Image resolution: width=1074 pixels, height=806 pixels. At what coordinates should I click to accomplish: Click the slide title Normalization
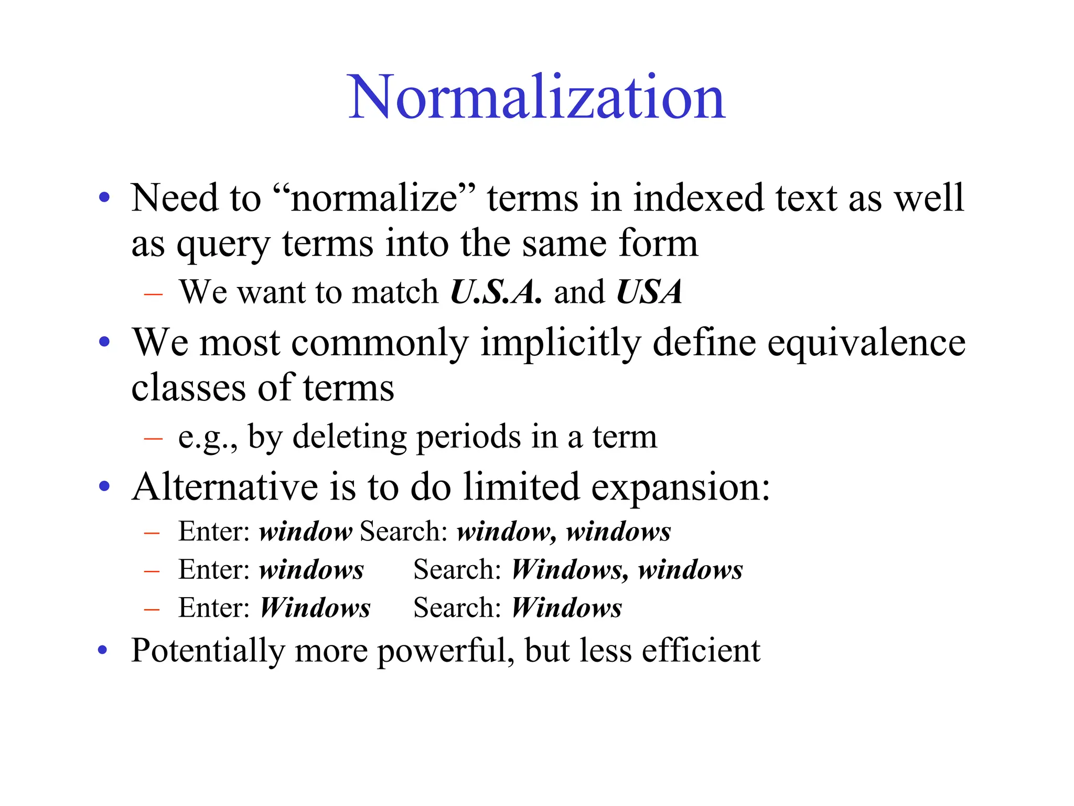(536, 98)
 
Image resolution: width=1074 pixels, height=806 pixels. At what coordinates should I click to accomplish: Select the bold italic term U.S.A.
(496, 292)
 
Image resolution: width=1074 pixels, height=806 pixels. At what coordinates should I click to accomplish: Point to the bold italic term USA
(649, 292)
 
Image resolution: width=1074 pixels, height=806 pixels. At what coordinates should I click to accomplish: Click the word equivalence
(866, 343)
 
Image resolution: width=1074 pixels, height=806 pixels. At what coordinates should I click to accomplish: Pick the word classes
(188, 388)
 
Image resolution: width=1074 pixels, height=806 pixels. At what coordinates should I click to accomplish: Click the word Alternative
(225, 487)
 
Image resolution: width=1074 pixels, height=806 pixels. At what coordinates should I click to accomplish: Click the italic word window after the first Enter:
(306, 532)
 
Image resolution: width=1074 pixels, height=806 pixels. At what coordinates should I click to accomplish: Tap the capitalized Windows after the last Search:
(566, 608)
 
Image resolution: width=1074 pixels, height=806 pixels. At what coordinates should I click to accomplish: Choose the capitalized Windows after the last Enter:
(315, 608)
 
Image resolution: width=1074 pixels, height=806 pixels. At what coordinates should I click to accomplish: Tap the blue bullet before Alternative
(104, 486)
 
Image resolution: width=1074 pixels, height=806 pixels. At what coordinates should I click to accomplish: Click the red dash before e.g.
(153, 438)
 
